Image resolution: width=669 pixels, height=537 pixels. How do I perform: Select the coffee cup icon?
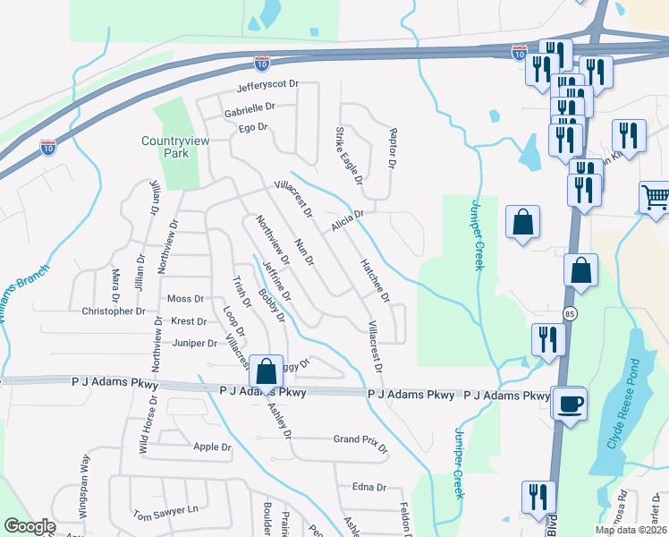(x=569, y=404)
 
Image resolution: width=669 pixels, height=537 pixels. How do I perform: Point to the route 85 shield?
(x=570, y=314)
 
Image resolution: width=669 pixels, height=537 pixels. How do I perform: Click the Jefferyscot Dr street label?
(x=267, y=88)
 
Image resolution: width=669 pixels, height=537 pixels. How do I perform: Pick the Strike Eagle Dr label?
(x=348, y=157)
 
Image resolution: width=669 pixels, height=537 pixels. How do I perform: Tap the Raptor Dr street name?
(x=391, y=148)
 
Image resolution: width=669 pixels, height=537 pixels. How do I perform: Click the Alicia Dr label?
(x=348, y=219)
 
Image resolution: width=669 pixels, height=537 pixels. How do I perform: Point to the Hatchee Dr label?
(x=375, y=278)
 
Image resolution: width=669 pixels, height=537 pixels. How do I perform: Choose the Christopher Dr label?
(x=114, y=311)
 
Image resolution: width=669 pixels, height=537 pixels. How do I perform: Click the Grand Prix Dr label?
(x=360, y=439)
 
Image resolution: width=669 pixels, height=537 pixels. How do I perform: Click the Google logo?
(x=30, y=526)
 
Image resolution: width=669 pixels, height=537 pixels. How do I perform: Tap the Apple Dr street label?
(x=212, y=447)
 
